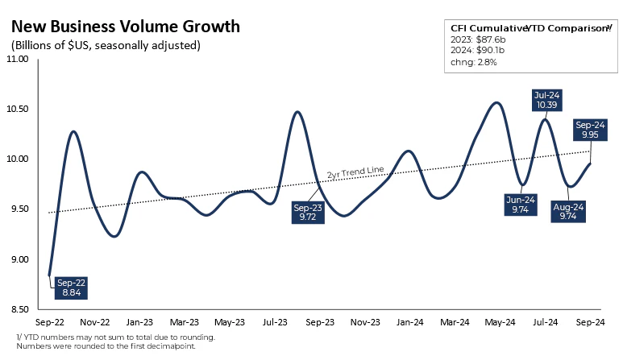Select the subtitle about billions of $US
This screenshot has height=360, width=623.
[105, 45]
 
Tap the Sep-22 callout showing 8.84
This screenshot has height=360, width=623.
[70, 288]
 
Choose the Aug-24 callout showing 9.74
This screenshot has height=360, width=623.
[568, 212]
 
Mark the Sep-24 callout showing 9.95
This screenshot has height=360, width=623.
[589, 130]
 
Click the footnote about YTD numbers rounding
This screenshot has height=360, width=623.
[115, 337]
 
